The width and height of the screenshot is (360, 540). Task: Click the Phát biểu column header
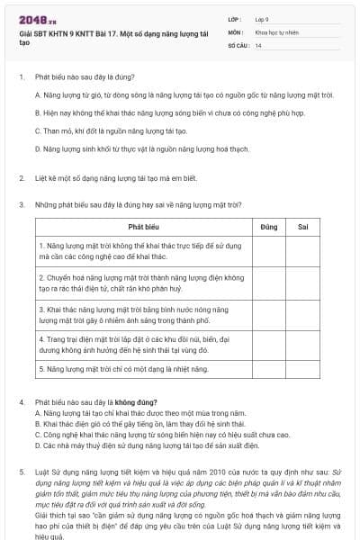(142, 228)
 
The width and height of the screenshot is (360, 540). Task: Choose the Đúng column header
(268, 228)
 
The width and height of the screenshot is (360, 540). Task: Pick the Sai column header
(302, 228)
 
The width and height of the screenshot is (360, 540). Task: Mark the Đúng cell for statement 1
(268, 251)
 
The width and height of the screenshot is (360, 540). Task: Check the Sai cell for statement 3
(302, 313)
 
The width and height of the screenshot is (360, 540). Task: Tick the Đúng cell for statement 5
(268, 369)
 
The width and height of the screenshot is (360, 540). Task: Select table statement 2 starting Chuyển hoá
(140, 283)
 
